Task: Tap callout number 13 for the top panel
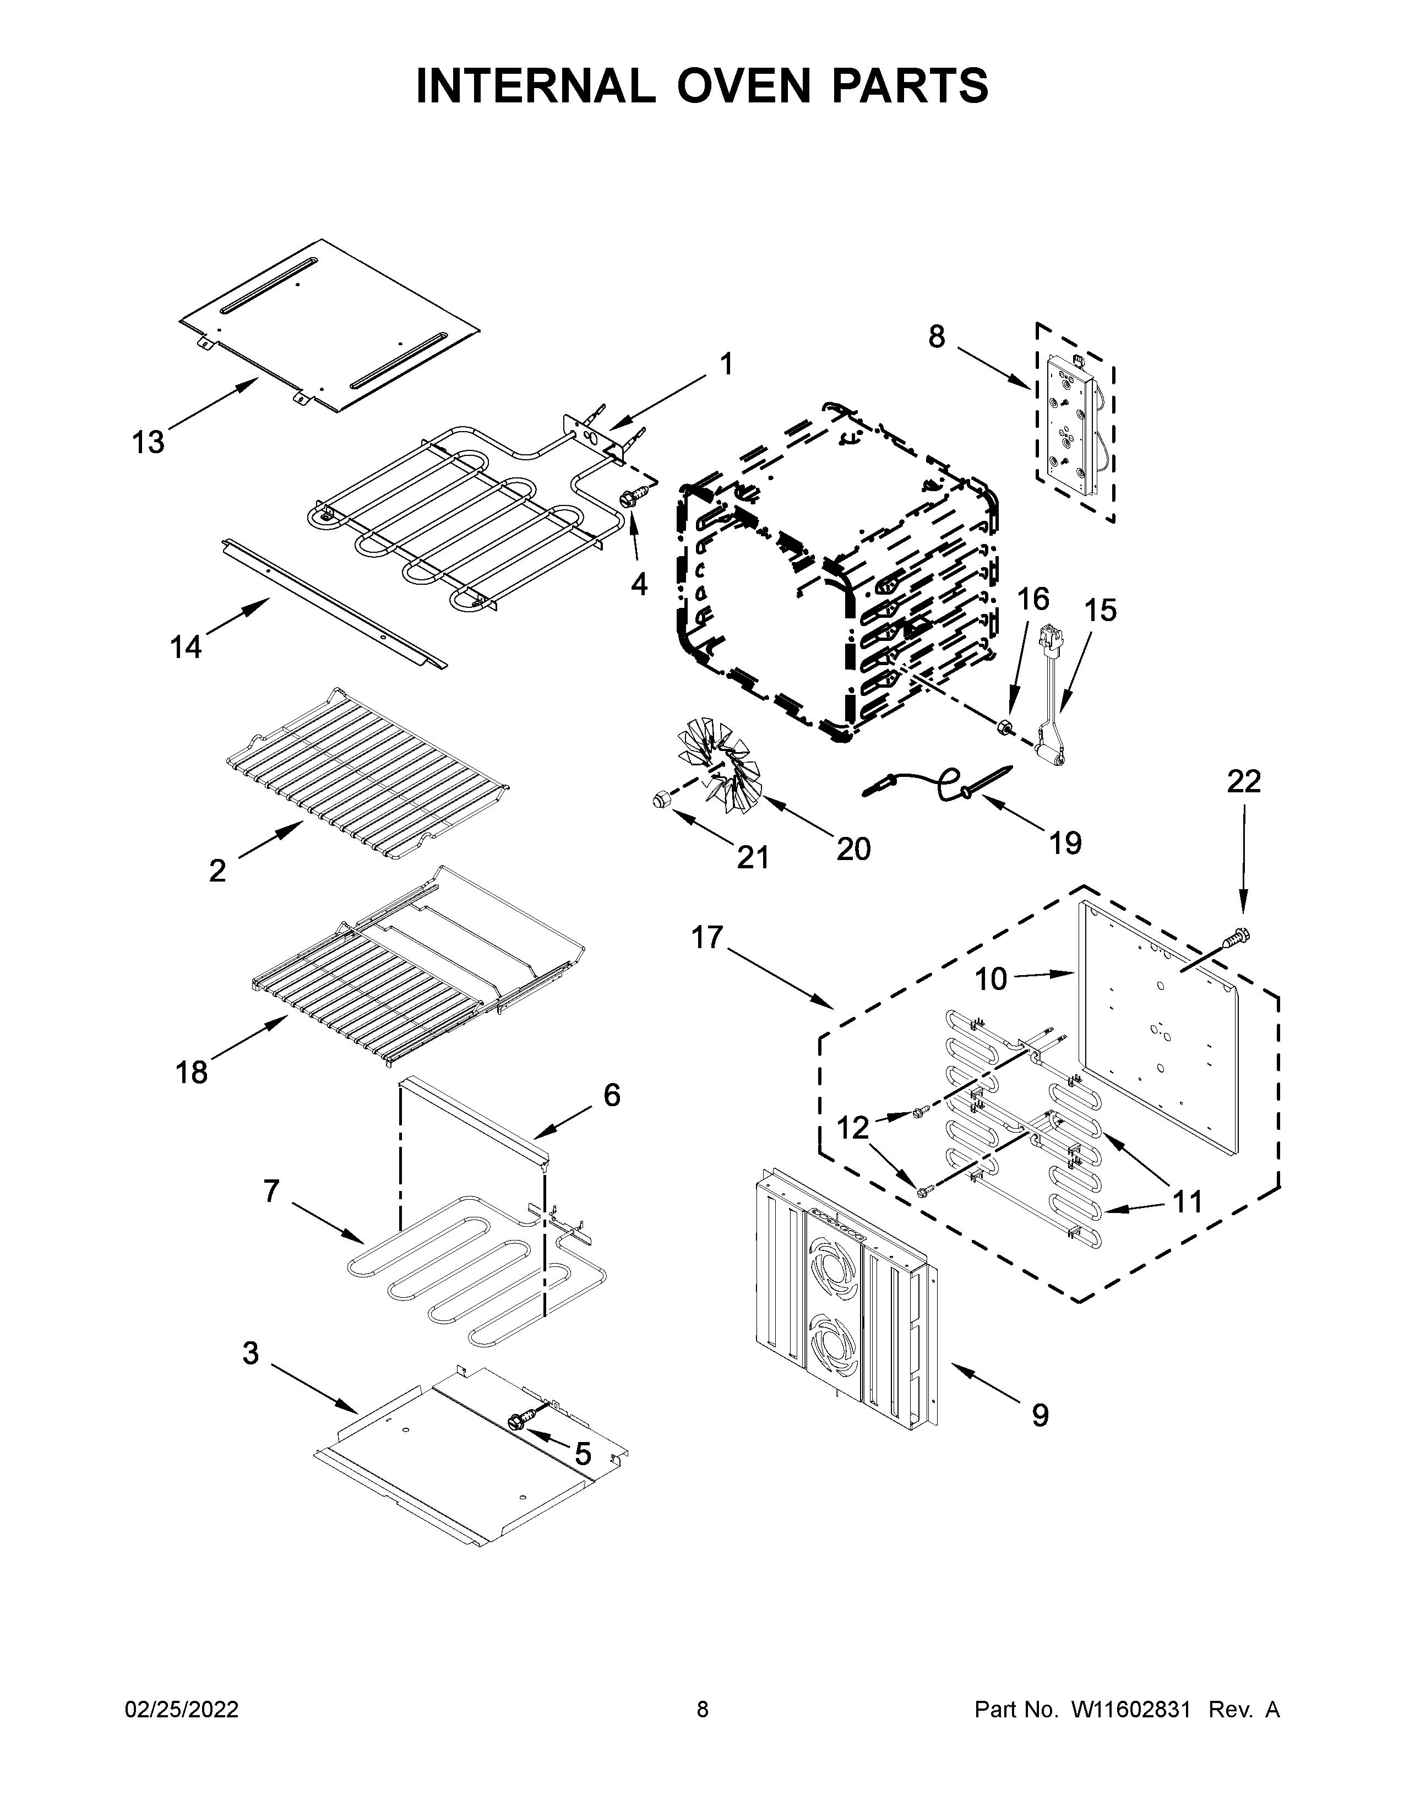pyautogui.click(x=148, y=443)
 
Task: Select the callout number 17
pyautogui.click(x=708, y=938)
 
